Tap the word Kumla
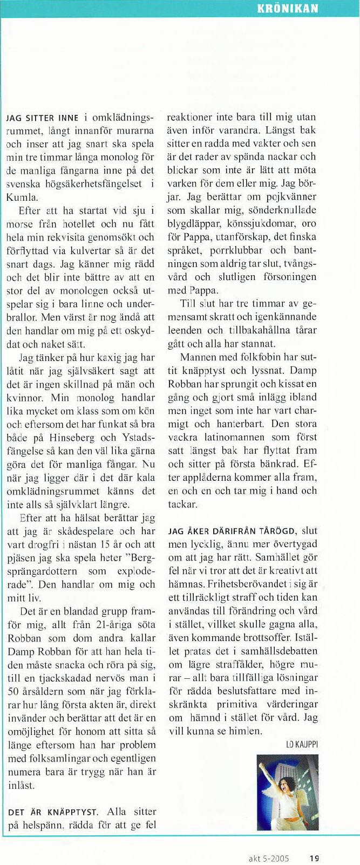(x=21, y=197)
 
